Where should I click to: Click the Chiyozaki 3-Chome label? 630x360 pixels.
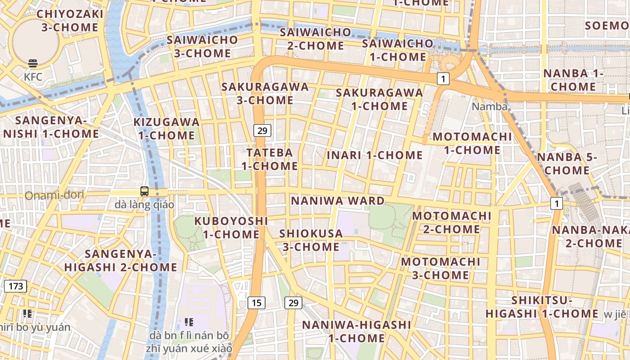coord(70,21)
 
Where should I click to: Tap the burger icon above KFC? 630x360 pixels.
coord(33,63)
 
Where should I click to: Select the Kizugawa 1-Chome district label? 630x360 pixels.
coord(166,129)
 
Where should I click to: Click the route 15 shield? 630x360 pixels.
coord(256,303)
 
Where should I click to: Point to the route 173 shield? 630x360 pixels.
coord(16,286)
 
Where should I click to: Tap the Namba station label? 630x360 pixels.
coord(490,107)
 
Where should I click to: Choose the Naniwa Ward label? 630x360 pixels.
coord(338,201)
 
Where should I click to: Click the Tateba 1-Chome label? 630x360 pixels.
coord(270,159)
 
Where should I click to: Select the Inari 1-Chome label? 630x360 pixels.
coord(375,155)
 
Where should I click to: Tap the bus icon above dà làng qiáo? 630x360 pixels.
coord(144,191)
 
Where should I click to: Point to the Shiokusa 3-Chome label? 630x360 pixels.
coord(311,240)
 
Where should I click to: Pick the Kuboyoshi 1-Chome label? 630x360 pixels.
coord(231,228)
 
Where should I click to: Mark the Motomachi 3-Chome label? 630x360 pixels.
coord(441,268)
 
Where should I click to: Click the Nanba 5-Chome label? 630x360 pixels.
coord(567,164)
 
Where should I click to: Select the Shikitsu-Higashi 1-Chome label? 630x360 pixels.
coord(542,307)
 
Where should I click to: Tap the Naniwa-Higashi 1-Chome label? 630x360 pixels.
coord(356,331)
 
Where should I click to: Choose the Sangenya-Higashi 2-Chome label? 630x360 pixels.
coord(121,261)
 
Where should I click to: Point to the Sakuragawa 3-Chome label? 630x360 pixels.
coord(265,94)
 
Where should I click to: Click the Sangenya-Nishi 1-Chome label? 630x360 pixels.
coord(51,127)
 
